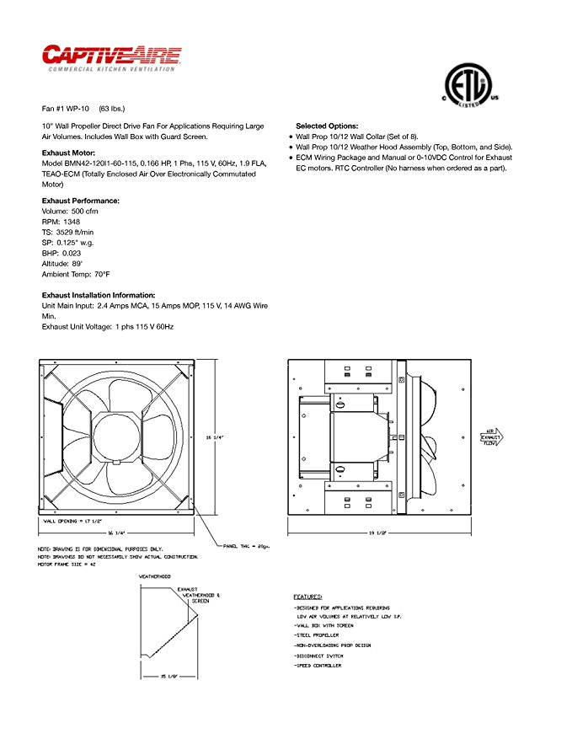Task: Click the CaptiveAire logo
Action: point(110,56)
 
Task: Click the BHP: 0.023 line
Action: point(61,253)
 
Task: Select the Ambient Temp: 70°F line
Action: point(76,274)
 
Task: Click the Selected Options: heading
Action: point(327,126)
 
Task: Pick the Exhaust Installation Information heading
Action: point(99,295)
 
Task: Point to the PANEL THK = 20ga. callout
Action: point(246,547)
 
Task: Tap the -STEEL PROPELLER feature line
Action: point(317,635)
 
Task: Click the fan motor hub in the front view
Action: point(117,437)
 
